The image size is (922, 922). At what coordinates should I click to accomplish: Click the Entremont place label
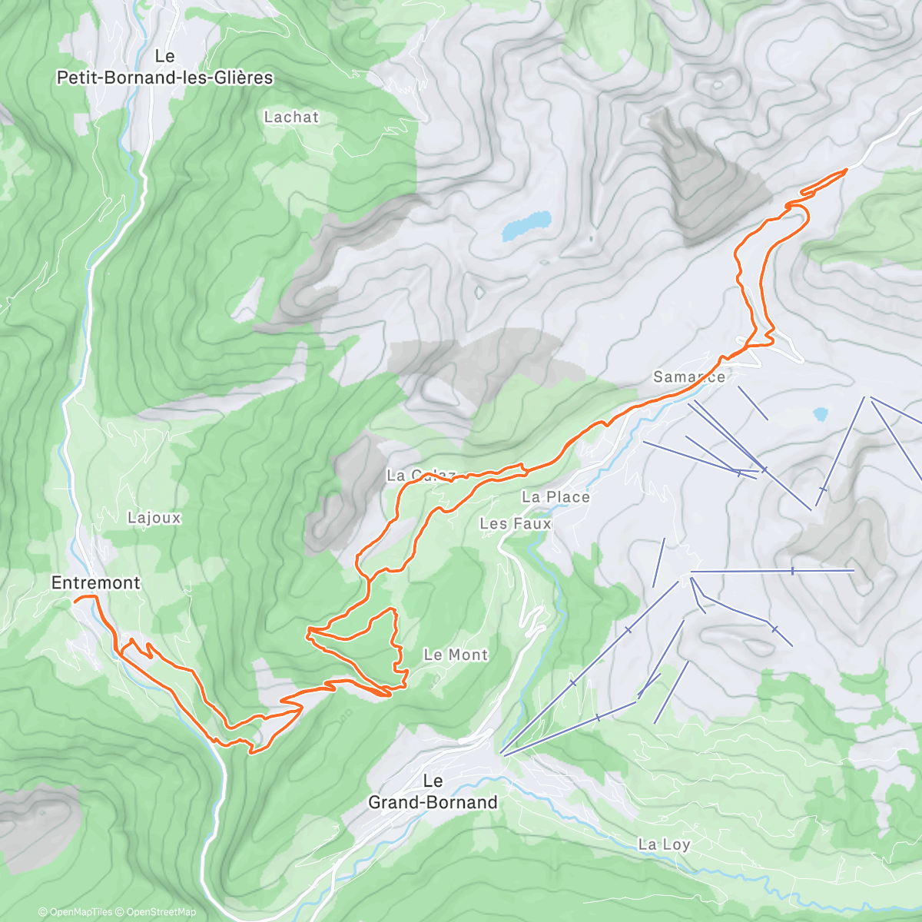tap(95, 582)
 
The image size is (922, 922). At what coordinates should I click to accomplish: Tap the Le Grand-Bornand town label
tap(433, 791)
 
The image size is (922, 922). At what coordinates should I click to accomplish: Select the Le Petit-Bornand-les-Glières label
tap(164, 67)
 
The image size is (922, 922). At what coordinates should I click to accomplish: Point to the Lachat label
tap(290, 117)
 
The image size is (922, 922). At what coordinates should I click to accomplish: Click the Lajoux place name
tap(154, 518)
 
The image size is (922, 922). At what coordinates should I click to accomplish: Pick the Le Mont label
tap(456, 655)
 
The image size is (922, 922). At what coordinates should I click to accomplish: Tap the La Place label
tap(556, 497)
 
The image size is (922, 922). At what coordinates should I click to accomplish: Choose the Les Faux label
tap(515, 523)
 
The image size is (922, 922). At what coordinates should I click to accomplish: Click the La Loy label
tap(664, 844)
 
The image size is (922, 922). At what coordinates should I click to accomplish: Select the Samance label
tap(688, 376)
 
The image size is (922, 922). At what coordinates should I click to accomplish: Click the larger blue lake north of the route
tap(527, 225)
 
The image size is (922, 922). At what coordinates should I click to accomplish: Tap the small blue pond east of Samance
tap(821, 414)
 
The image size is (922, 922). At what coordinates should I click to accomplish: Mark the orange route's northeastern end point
tap(846, 169)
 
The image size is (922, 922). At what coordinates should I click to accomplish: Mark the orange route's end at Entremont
tap(75, 598)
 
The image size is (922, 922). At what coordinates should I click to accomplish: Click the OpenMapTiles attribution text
tap(75, 912)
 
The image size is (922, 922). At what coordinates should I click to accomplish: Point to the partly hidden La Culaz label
tap(421, 476)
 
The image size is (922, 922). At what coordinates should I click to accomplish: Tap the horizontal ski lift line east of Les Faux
tap(772, 571)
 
